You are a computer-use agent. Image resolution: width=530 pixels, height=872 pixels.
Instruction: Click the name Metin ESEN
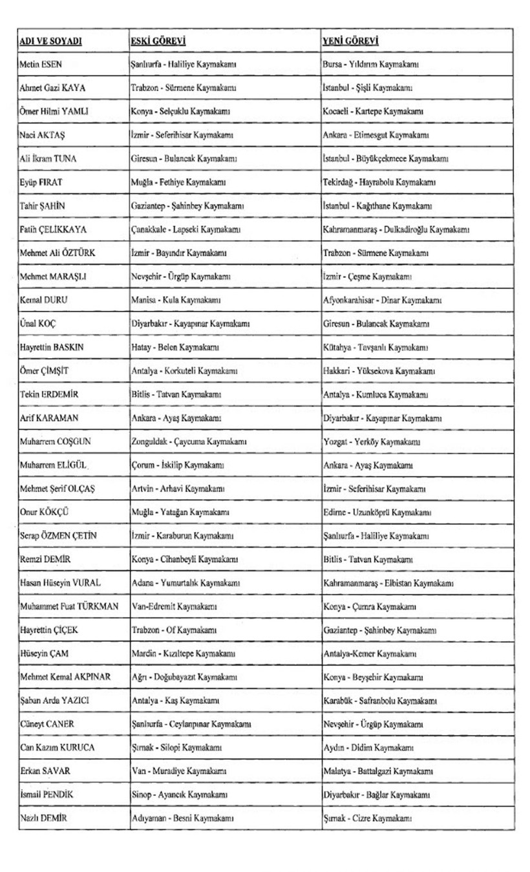41,65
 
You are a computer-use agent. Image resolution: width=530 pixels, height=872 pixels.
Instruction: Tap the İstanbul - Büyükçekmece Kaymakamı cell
386,159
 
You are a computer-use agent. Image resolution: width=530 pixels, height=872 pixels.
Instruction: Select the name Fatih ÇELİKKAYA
54,229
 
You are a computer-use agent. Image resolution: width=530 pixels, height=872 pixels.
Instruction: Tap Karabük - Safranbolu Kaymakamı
380,701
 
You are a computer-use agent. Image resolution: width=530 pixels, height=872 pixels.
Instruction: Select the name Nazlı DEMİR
44,818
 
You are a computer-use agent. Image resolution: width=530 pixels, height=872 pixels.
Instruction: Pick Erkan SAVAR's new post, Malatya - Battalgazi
378,771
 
